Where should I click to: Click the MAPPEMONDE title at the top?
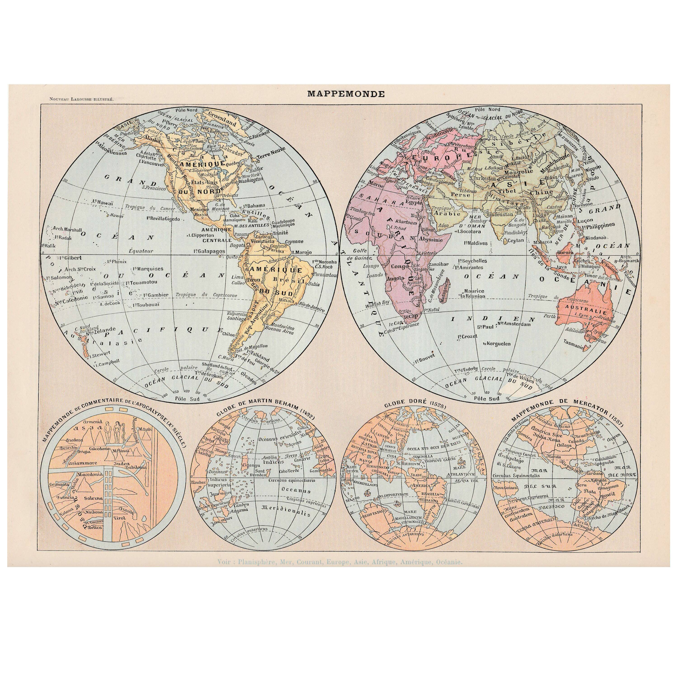click(x=346, y=94)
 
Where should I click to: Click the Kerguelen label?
click(x=498, y=344)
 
